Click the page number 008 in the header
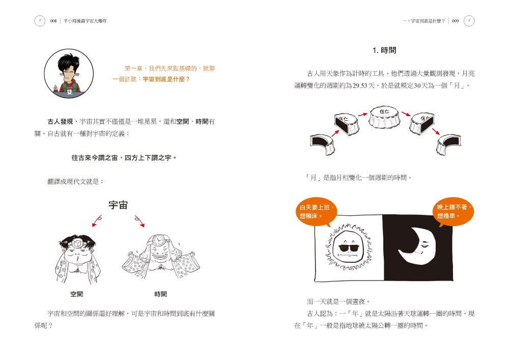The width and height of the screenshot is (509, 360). pos(53,21)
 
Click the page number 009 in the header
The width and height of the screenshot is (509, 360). pos(455,21)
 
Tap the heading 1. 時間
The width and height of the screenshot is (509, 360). pos(384,50)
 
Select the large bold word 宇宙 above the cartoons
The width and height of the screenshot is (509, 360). pos(118,205)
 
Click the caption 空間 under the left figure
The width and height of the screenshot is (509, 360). pos(77,294)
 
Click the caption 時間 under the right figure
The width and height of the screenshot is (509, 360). pos(161,294)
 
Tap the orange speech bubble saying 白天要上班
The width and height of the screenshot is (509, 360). pos(316,212)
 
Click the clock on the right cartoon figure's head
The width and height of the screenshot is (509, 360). pos(158,240)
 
